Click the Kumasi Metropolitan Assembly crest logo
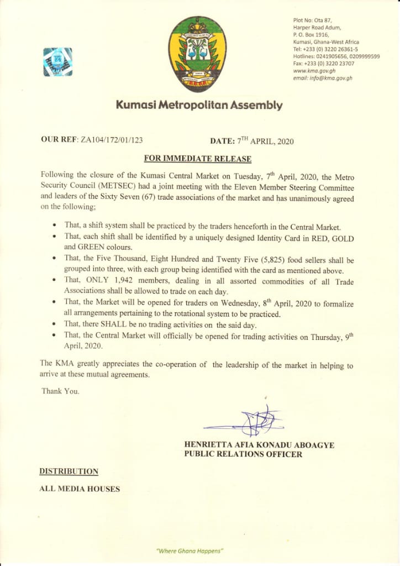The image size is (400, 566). (197, 54)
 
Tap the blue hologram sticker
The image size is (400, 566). (57, 61)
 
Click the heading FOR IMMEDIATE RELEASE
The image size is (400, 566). (197, 159)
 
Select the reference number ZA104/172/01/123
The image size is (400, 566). (115, 140)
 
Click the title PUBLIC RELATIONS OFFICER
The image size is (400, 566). (243, 454)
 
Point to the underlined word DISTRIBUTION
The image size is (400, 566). (69, 471)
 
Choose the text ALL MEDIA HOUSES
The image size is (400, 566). (79, 489)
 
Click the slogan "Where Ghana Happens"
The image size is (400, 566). (190, 551)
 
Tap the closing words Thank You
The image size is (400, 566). (60, 392)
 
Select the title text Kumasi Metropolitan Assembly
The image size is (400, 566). (199, 105)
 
